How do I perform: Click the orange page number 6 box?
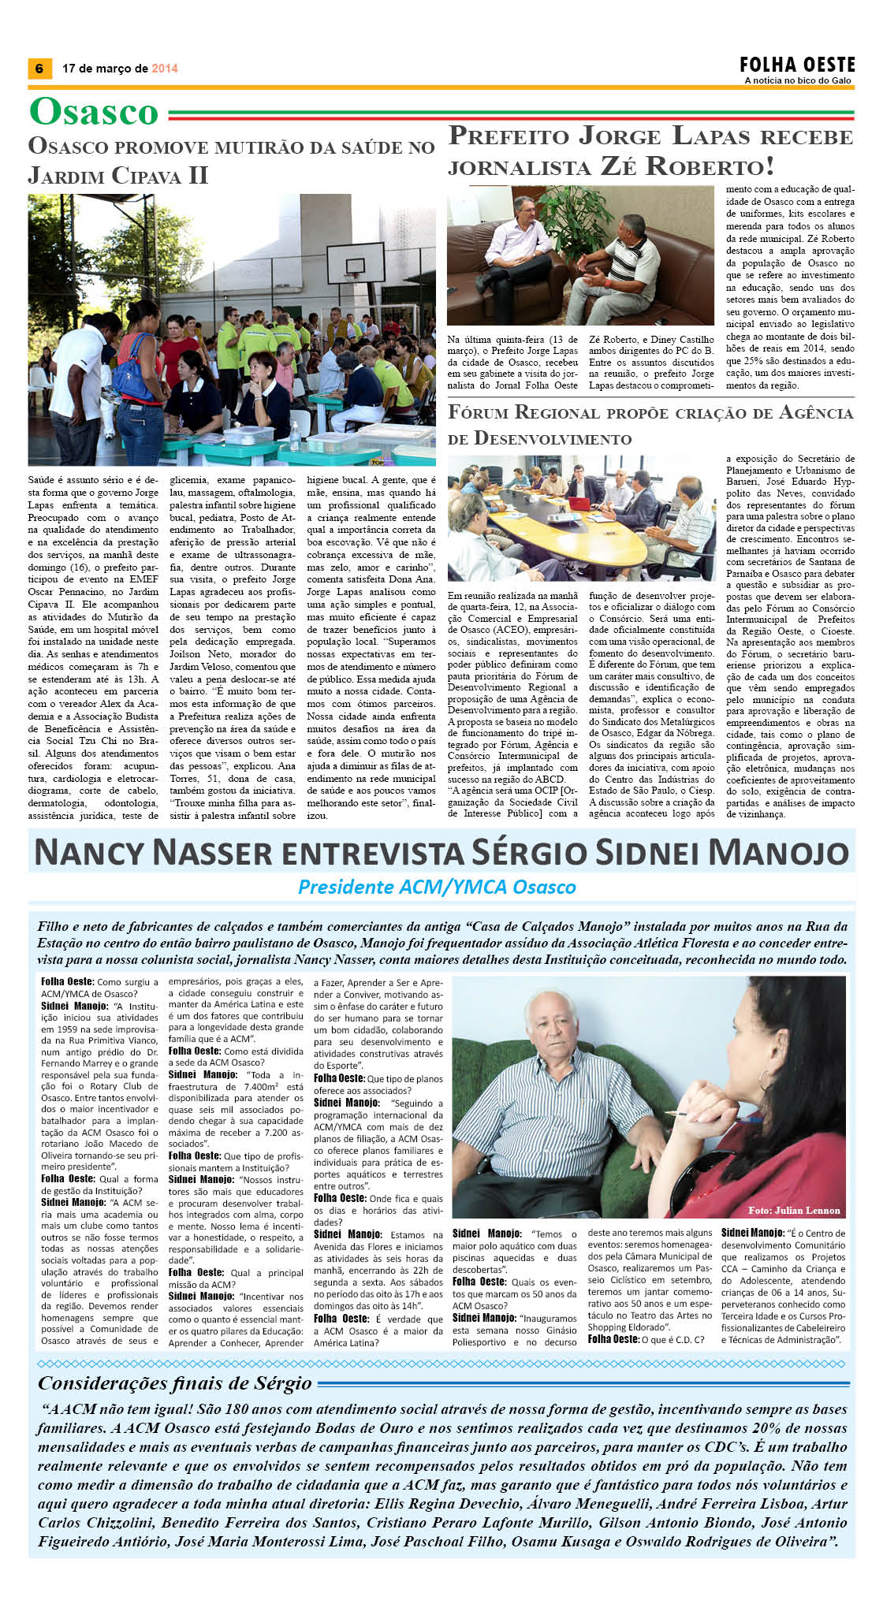point(39,69)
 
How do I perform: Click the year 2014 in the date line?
point(165,69)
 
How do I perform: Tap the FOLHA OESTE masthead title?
point(797,65)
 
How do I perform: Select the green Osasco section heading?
point(94,111)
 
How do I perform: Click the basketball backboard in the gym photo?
point(351,264)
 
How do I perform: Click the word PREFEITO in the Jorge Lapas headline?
point(509,136)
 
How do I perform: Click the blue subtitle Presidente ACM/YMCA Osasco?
point(437,887)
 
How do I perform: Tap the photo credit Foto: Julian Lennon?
point(793,1210)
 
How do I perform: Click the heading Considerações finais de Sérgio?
point(175,1382)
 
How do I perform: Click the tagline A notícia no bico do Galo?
point(799,80)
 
